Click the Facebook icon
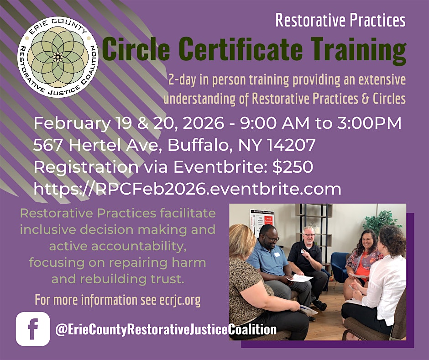[x=33, y=329]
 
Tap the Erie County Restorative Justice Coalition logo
[x=58, y=57]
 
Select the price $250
[x=293, y=167]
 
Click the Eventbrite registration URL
[x=188, y=189]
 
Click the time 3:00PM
[x=369, y=123]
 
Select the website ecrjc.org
[x=180, y=300]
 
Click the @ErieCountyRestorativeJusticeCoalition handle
[x=166, y=329]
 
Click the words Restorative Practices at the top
[x=340, y=20]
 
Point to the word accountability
[x=139, y=246]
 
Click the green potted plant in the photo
[x=382, y=222]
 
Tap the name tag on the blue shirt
[x=277, y=254]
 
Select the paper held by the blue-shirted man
[x=299, y=278]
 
